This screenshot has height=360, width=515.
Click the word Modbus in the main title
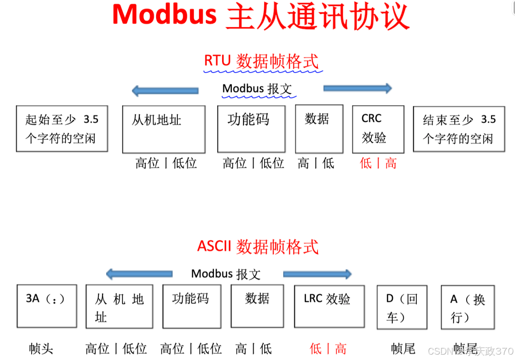pyautogui.click(x=164, y=15)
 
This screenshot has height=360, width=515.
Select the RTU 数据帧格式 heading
pyautogui.click(x=261, y=61)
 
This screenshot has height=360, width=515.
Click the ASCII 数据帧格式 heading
pyautogui.click(x=258, y=247)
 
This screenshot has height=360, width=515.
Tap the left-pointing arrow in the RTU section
pyautogui.click(x=165, y=91)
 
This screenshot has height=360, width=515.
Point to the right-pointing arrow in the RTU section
pyautogui.click(x=358, y=88)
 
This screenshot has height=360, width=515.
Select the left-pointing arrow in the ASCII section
pyautogui.click(x=139, y=274)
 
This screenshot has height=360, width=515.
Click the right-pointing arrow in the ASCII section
pyautogui.click(x=317, y=274)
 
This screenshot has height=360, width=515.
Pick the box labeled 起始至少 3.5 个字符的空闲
pyautogui.click(x=62, y=129)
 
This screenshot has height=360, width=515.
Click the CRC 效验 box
pyautogui.click(x=378, y=129)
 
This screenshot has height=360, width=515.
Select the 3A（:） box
pyautogui.click(x=47, y=306)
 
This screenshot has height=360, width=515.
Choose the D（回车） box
pyautogui.click(x=402, y=307)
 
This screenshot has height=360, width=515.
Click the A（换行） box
pyautogui.click(x=467, y=307)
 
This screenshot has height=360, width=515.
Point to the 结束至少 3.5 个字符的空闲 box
pyautogui.click(x=458, y=129)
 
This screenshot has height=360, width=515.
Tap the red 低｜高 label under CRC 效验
pyautogui.click(x=378, y=163)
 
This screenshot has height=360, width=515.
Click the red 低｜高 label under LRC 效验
pyautogui.click(x=328, y=349)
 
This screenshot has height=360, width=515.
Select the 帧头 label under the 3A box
pyautogui.click(x=41, y=349)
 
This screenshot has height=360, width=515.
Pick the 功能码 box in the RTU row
pyautogui.click(x=251, y=129)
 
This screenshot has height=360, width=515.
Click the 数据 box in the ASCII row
pyautogui.click(x=257, y=306)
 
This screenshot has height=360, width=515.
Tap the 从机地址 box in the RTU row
pyautogui.click(x=163, y=129)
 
